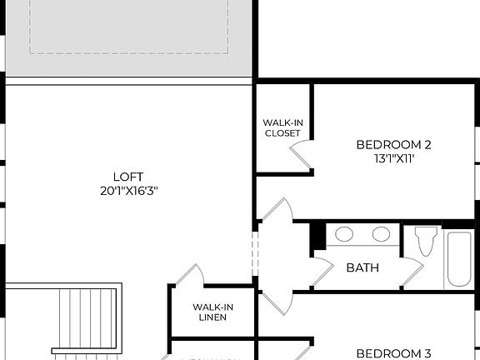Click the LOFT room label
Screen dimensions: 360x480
tap(128, 177)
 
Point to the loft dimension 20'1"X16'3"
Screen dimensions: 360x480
tap(128, 191)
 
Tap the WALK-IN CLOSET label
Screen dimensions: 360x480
tap(282, 127)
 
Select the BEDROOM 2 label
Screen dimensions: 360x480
tap(393, 144)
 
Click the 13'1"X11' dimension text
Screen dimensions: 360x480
tap(393, 158)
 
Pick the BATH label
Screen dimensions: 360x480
tap(362, 267)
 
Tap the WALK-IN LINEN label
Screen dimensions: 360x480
tap(212, 312)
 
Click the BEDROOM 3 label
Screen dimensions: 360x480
tap(393, 353)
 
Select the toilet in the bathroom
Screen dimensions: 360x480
tap(426, 240)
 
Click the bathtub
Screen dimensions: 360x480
tap(459, 258)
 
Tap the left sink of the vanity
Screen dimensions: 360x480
tap(344, 234)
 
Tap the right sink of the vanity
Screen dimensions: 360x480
tap(382, 234)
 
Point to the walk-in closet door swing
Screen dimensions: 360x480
tap(300, 154)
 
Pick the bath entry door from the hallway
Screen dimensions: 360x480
tap(322, 268)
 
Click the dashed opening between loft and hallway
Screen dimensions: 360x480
tap(256, 253)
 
